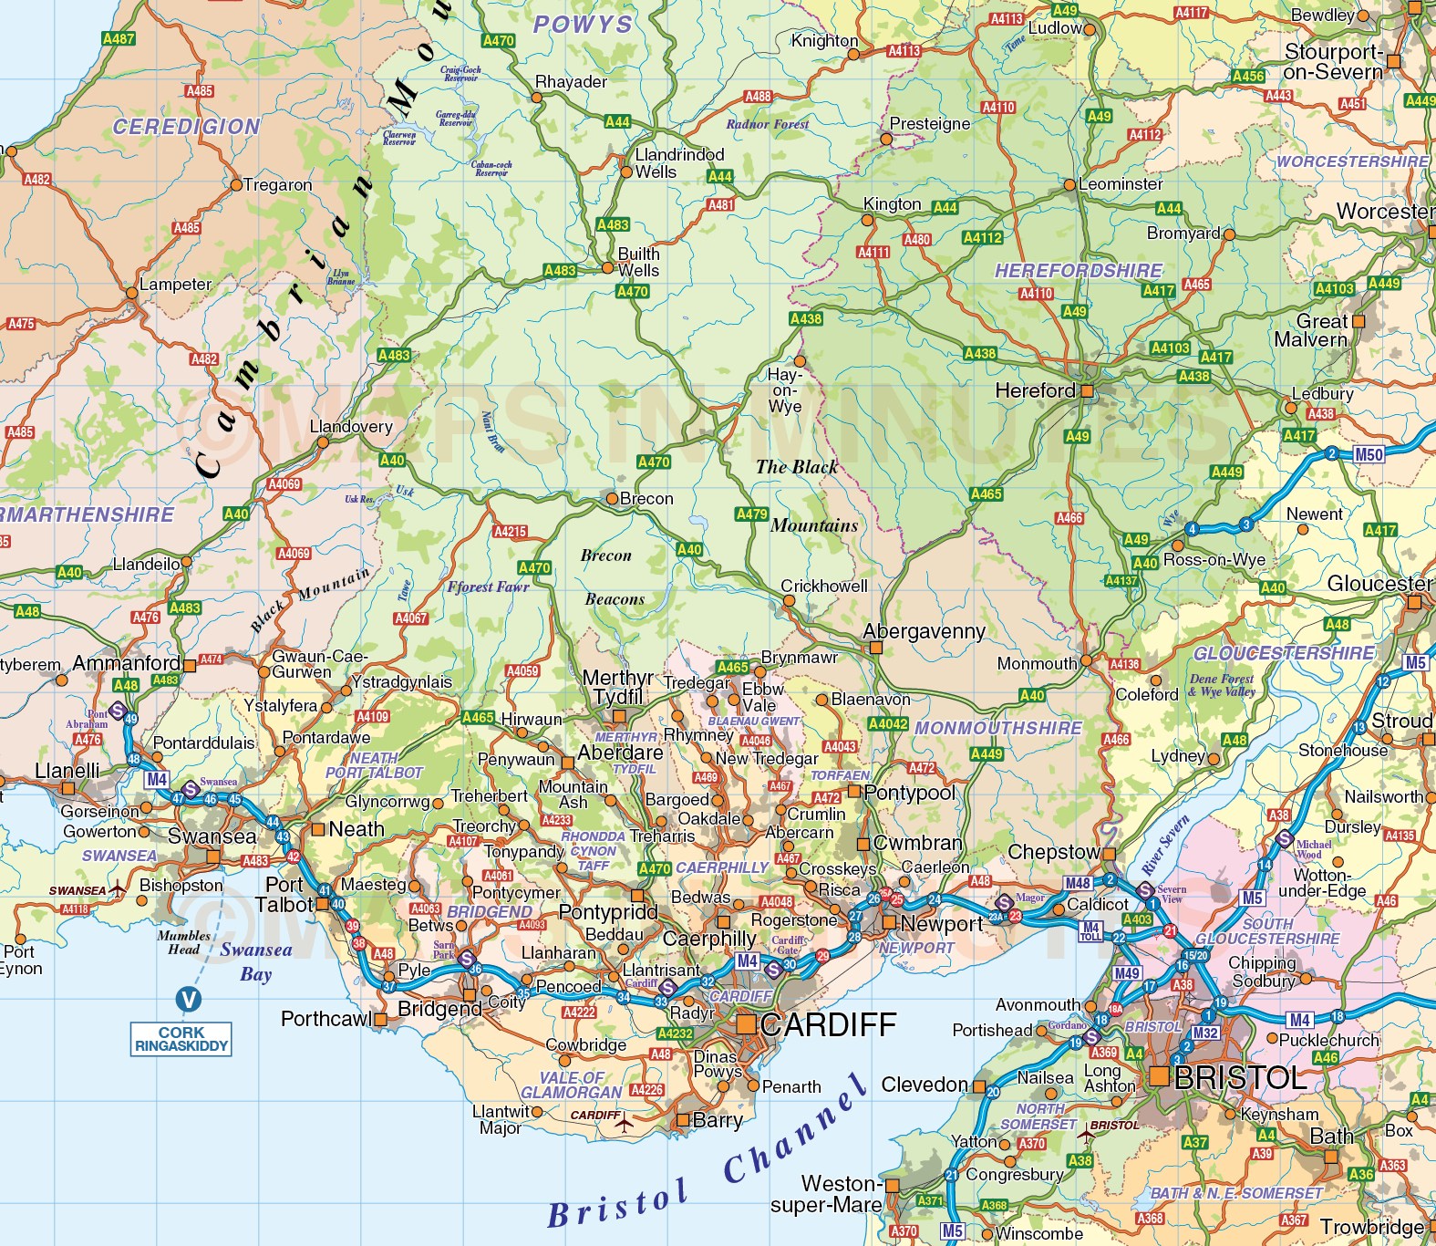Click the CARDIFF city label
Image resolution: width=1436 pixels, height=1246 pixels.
point(828,1024)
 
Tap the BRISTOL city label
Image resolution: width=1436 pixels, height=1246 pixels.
point(1240,1077)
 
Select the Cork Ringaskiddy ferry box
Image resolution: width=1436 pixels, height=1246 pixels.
point(181,1039)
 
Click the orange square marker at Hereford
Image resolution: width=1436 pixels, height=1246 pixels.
point(1087,390)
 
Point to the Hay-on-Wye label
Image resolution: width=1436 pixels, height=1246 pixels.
point(785,390)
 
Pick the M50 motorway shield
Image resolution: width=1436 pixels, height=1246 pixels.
point(1369,454)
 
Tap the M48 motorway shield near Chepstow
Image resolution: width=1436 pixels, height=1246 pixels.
point(1077,883)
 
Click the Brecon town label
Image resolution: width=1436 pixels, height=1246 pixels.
point(646,499)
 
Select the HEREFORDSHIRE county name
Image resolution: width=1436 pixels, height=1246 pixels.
point(1078,271)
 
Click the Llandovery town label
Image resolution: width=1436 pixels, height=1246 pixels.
point(351,427)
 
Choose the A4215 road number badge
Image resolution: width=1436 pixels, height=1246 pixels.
point(510,531)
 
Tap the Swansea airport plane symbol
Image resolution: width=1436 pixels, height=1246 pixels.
point(119,889)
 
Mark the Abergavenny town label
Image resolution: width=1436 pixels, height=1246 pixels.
point(924,631)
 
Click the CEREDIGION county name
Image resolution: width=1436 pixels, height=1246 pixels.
point(186,127)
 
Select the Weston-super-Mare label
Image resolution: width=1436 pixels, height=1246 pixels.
point(826,1194)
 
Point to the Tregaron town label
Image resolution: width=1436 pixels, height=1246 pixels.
point(277,185)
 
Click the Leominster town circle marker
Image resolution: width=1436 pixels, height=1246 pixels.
point(1069,184)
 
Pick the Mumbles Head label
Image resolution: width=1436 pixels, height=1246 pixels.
point(183,942)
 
